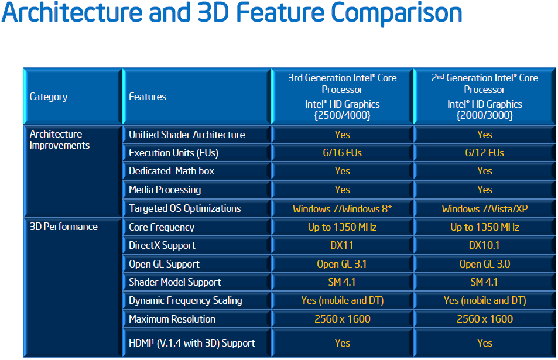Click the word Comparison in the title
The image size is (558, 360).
pyautogui.click(x=396, y=13)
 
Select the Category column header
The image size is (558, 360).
pyautogui.click(x=49, y=97)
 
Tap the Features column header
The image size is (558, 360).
pyautogui.click(x=148, y=97)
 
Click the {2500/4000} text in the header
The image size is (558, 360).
pyautogui.click(x=343, y=115)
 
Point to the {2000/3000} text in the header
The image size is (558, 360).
pyautogui.click(x=485, y=115)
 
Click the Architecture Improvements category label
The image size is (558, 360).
pyautogui.click(x=59, y=139)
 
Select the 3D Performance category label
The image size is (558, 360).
pyautogui.click(x=63, y=227)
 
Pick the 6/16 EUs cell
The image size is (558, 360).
pyautogui.click(x=343, y=153)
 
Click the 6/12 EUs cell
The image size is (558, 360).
pyautogui.click(x=485, y=153)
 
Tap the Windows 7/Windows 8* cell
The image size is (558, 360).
pyautogui.click(x=343, y=209)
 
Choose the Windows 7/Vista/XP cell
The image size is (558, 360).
pyautogui.click(x=485, y=209)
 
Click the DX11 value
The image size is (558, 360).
pyautogui.click(x=342, y=245)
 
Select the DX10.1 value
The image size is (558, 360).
pyautogui.click(x=484, y=245)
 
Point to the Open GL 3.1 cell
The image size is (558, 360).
pyautogui.click(x=342, y=264)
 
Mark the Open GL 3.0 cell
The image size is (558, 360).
pyautogui.click(x=485, y=264)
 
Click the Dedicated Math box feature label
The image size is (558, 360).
pyautogui.click(x=172, y=171)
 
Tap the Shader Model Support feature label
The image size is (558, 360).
pyautogui.click(x=174, y=283)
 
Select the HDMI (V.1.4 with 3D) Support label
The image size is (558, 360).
pyautogui.click(x=192, y=343)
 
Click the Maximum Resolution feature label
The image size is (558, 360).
pyautogui.click(x=172, y=319)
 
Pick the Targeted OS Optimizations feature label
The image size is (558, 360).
pyautogui.click(x=184, y=208)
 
